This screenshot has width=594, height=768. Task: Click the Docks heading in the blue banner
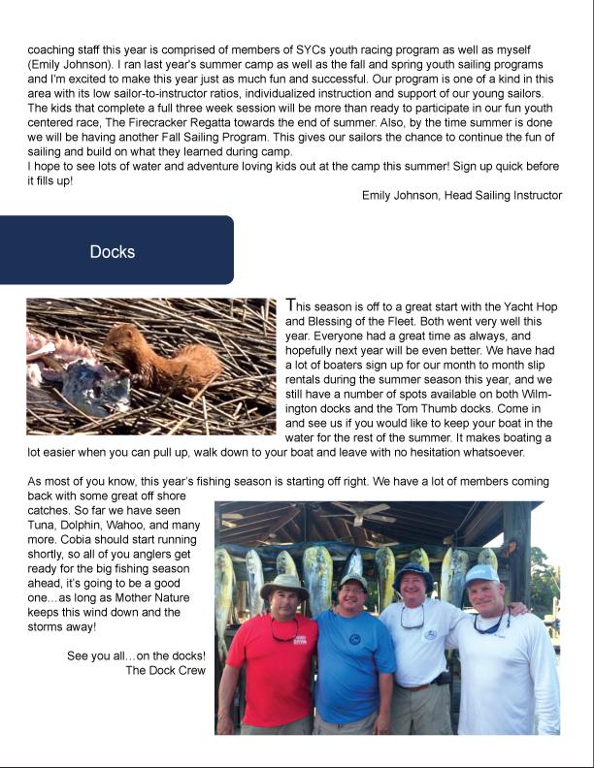112,252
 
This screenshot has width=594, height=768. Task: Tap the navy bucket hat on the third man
413,577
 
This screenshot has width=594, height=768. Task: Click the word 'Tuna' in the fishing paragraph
44,524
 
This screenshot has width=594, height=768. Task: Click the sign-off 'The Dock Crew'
166,669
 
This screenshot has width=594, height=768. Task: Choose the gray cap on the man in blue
353,582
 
